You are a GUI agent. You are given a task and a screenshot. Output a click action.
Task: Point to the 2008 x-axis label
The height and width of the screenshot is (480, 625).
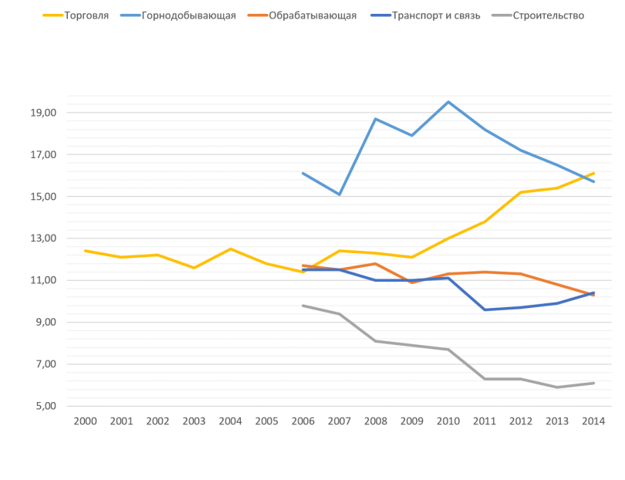[x=375, y=421]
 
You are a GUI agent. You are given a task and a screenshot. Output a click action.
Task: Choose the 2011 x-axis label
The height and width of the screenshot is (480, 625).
[x=485, y=421]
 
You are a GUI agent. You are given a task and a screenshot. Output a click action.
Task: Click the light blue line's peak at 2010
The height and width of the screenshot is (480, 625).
[x=448, y=102]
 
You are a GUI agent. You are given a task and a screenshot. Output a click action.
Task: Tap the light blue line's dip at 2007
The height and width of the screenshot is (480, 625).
[x=339, y=194]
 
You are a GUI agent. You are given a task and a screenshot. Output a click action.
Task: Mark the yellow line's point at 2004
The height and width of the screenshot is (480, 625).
[x=230, y=248]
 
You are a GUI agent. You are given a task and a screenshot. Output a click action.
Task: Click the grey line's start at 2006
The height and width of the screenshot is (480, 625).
[x=302, y=306]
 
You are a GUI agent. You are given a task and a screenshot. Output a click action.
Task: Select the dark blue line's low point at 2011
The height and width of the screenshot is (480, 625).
[x=485, y=309]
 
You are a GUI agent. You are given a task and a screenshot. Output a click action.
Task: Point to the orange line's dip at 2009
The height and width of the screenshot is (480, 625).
[x=412, y=283]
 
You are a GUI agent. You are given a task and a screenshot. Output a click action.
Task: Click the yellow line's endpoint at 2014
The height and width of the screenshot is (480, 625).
[x=594, y=174]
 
